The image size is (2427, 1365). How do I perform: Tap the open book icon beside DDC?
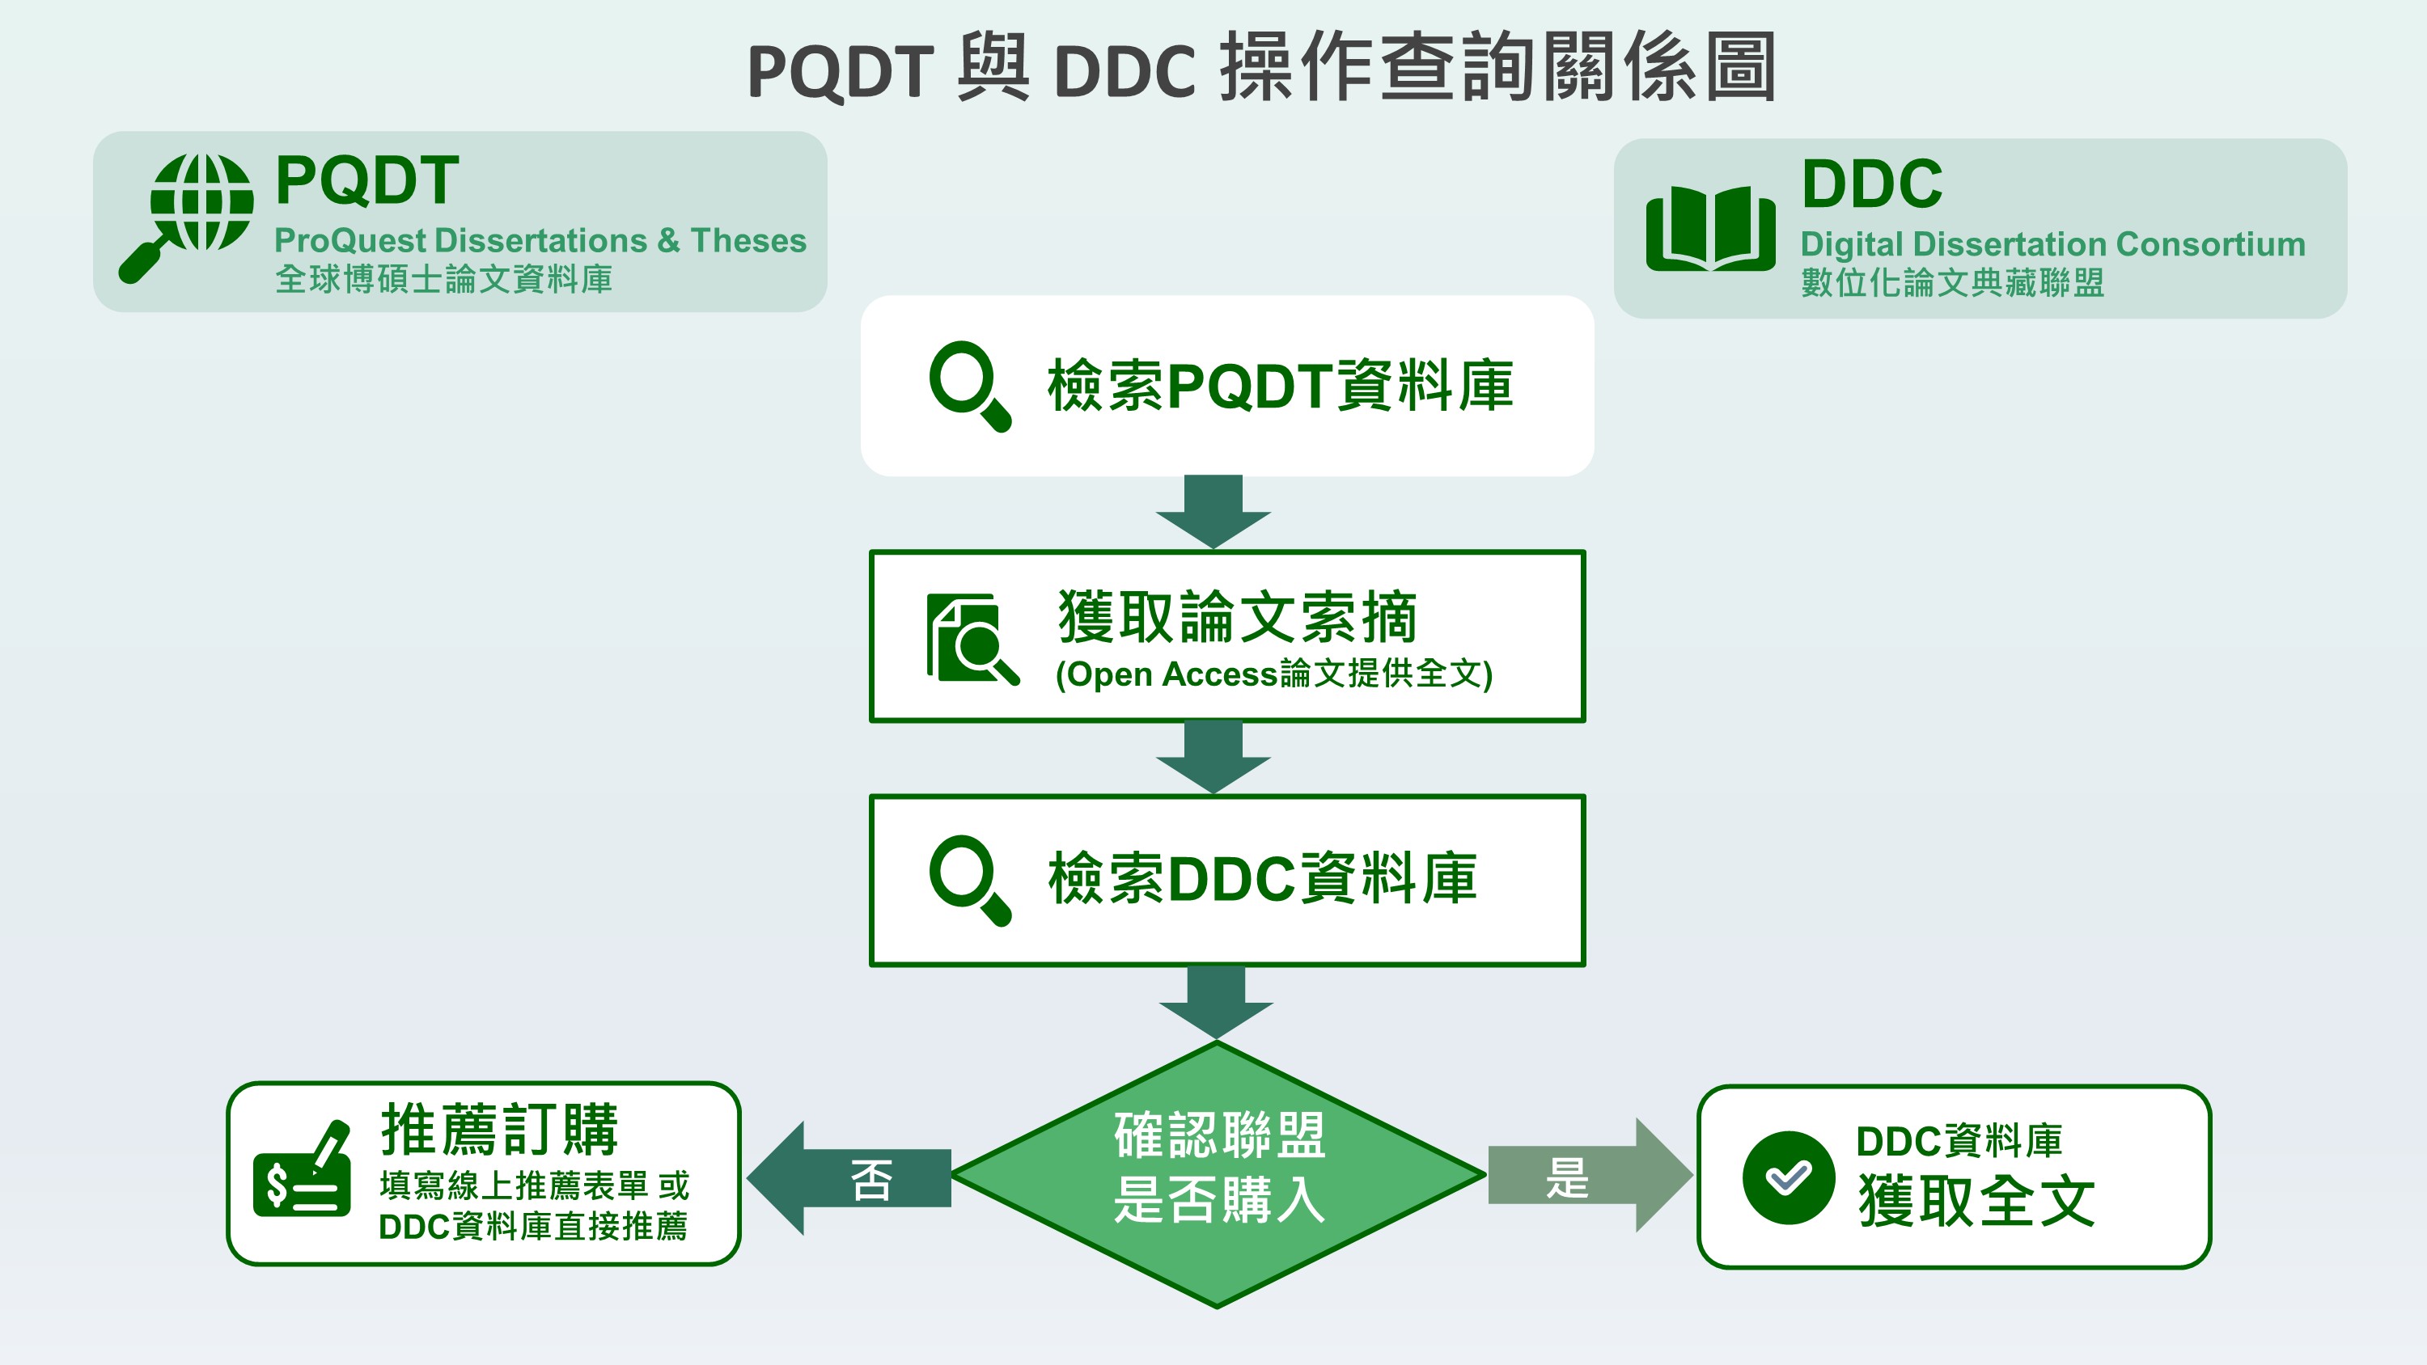(1710, 228)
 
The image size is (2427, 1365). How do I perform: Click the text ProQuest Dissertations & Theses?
(540, 241)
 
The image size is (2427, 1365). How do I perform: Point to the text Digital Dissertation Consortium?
(2052, 245)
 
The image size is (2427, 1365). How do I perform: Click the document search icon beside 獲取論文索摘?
(972, 638)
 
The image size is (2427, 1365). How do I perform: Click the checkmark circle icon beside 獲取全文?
(1787, 1177)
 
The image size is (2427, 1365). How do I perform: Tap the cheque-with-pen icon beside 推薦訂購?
(303, 1170)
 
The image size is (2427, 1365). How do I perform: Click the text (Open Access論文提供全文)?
(1274, 674)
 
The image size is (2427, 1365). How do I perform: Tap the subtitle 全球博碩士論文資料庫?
(444, 280)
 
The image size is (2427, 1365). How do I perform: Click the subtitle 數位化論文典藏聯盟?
(1952, 282)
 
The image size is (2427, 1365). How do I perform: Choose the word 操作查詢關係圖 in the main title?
(1498, 68)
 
